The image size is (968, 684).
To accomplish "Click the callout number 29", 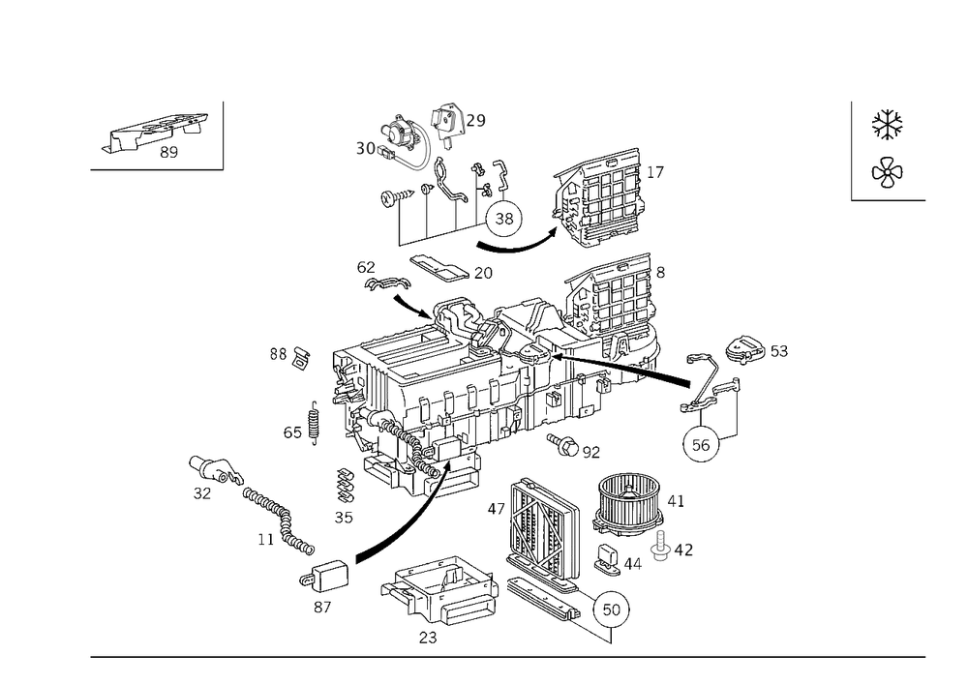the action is click(x=477, y=121).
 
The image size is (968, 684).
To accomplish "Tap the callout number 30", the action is click(x=365, y=149).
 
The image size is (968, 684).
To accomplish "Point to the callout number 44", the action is click(x=635, y=561).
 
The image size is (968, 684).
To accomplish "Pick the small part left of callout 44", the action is click(x=609, y=559).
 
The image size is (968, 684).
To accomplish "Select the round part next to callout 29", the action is click(x=447, y=119).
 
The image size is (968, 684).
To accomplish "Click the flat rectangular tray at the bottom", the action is click(x=443, y=590).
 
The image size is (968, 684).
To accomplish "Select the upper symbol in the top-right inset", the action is click(x=887, y=123).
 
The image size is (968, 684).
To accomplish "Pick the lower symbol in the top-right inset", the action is click(x=887, y=174).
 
